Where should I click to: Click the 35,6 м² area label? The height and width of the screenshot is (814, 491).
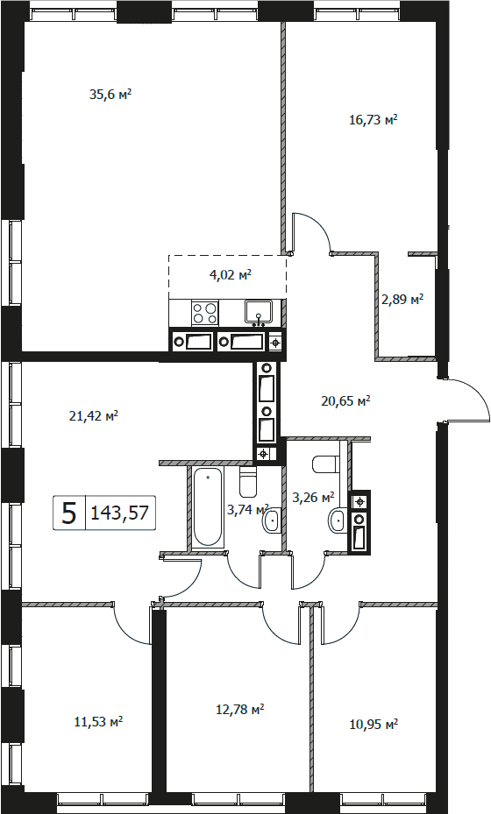110,95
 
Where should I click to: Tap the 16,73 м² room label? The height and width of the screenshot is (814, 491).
374,120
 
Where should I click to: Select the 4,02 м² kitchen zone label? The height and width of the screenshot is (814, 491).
231,275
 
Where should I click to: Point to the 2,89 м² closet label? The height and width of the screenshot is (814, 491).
402,300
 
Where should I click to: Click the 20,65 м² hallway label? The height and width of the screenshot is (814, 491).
345,400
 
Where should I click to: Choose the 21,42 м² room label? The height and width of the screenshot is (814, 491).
94,415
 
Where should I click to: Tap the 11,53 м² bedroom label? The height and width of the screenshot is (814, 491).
99,722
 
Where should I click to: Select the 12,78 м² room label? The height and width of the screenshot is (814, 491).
240,709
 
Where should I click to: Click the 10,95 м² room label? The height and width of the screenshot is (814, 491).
374,724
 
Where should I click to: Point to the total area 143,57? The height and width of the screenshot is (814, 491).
120,513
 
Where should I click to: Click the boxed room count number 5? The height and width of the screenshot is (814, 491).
69,513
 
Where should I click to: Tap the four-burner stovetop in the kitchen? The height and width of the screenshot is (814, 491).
204,313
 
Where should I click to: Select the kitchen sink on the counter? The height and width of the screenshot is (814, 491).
259,312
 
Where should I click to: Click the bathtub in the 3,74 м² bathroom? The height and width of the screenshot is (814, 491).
208,506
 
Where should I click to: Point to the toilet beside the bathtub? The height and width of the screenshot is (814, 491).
248,481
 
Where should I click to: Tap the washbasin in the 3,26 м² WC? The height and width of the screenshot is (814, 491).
338,520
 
